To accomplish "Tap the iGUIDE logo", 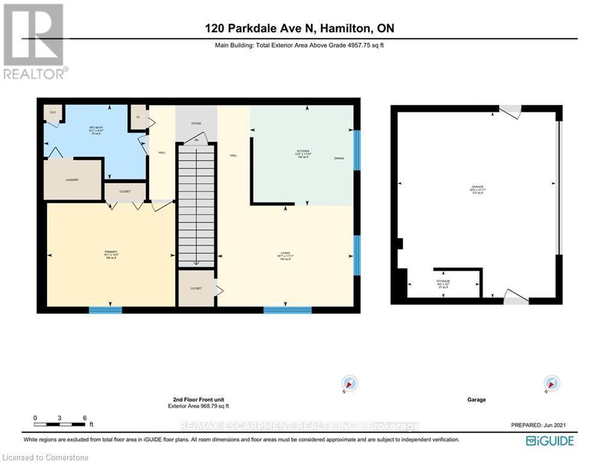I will (x=549, y=441).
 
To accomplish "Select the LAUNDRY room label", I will (x=73, y=179).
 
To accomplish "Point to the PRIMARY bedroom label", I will (x=110, y=251).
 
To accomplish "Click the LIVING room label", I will (x=285, y=255).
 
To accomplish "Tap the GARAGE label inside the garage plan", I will (x=477, y=186).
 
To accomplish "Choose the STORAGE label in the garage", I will (x=443, y=281).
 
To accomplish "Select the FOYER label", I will (x=196, y=123).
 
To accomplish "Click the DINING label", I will (x=339, y=158).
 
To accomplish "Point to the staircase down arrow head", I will (x=196, y=263).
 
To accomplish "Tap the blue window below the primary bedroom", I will (x=105, y=310).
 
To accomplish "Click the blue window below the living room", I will (x=287, y=310).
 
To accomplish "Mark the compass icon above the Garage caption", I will (x=551, y=383).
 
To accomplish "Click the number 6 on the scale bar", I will (x=84, y=417).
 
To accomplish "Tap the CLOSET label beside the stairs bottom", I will (x=196, y=288).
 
